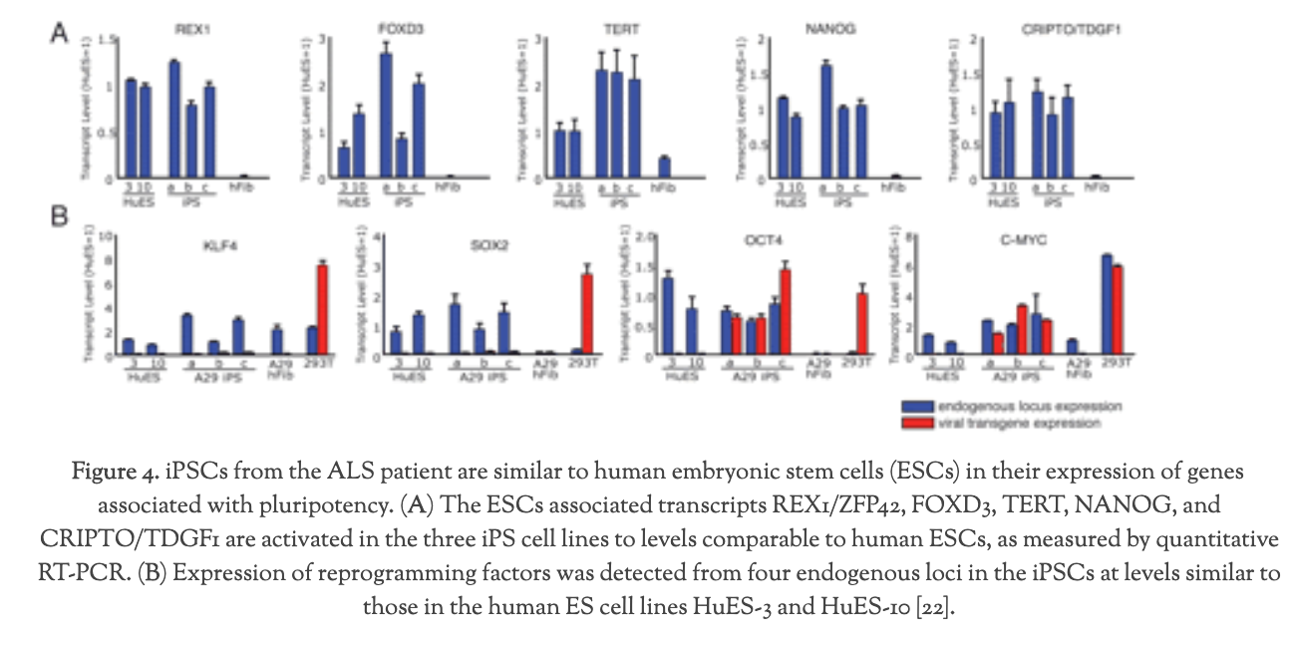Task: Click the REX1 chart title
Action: pyautogui.click(x=187, y=30)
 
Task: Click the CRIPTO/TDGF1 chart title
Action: pyautogui.click(x=1027, y=30)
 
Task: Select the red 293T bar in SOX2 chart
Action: pyautogui.click(x=587, y=314)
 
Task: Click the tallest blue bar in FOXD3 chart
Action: pyautogui.click(x=385, y=115)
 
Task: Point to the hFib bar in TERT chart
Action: pyautogui.click(x=664, y=168)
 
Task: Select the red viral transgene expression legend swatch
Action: pyautogui.click(x=918, y=423)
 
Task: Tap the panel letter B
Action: pyautogui.click(x=61, y=213)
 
